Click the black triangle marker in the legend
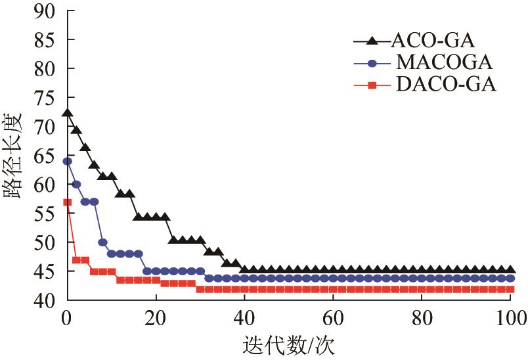372,41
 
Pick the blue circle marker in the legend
372,63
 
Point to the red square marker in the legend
372,85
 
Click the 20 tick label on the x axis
156,319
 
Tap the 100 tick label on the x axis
510,319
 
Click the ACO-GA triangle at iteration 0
67,113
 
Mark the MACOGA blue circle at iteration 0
67,161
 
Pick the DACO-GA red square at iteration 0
67,202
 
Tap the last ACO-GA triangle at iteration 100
510,270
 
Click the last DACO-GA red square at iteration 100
510,289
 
